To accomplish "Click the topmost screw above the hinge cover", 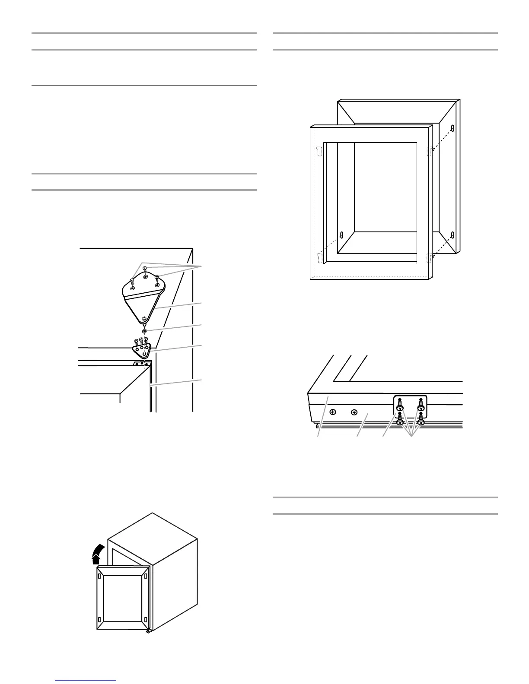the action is click(145, 269).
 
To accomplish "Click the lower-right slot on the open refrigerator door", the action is click(146, 621).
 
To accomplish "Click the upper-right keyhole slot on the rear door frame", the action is click(452, 128).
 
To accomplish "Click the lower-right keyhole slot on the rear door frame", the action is click(452, 235).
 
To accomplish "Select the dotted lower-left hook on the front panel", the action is click(319, 258).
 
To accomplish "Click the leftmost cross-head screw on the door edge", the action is click(333, 412).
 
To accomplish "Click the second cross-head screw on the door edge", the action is click(354, 412).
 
